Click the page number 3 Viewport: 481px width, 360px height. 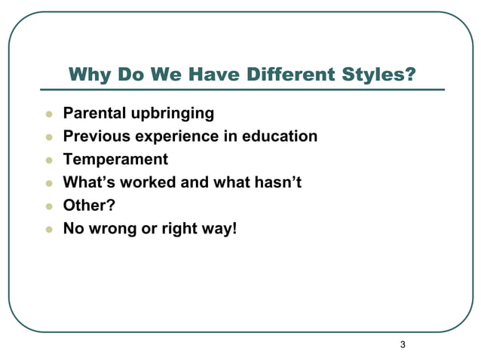403,345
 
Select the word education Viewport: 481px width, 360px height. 280,136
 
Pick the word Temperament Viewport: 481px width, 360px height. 115,160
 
